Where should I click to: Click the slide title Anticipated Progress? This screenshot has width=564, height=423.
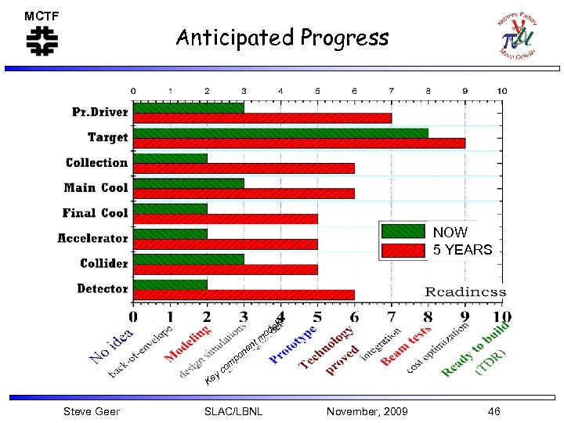pos(282,38)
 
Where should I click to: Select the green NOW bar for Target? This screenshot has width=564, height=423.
pos(280,132)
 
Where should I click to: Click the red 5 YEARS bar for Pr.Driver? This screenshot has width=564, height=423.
pos(262,117)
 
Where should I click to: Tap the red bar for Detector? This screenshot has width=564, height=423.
pos(244,295)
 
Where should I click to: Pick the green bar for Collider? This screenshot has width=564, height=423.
pos(189,258)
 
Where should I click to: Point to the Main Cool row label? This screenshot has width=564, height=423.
pos(96,188)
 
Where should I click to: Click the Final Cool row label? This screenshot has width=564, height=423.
pos(95,213)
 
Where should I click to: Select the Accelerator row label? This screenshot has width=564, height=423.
pos(92,238)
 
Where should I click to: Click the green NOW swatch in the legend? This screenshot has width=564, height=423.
pos(403,232)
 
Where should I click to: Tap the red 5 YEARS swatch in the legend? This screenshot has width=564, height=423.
pos(403,251)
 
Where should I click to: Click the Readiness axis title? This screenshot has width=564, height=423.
pos(465,291)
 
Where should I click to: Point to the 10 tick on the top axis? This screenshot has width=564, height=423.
pos(501,91)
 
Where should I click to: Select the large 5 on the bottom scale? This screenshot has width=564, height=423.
pos(317,317)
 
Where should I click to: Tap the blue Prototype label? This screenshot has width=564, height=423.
pos(294,345)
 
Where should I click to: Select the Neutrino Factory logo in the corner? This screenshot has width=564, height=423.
pos(517,35)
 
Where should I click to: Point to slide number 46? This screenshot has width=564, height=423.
pos(493,411)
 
